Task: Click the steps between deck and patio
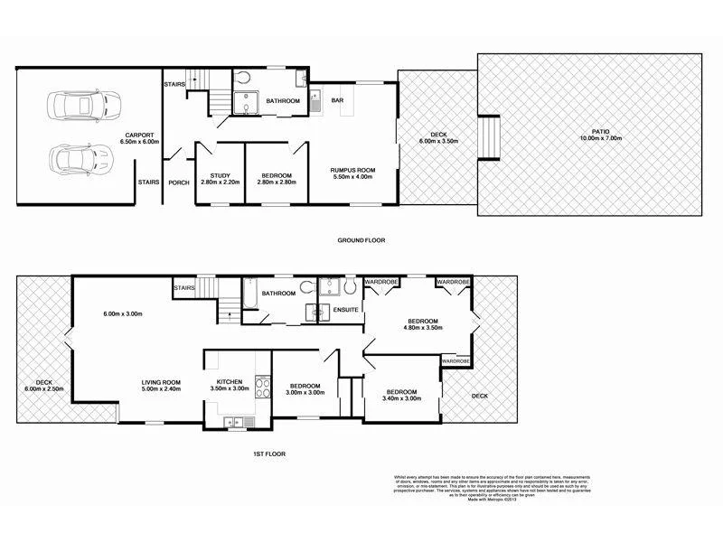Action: pos(488,136)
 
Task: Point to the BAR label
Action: pos(338,100)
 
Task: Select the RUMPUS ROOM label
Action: pos(352,170)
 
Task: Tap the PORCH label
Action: pos(179,182)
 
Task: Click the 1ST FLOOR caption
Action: pos(270,453)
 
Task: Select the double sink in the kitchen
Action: pos(233,421)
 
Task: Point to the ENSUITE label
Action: pos(346,310)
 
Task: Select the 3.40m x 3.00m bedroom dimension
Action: pos(401,398)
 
